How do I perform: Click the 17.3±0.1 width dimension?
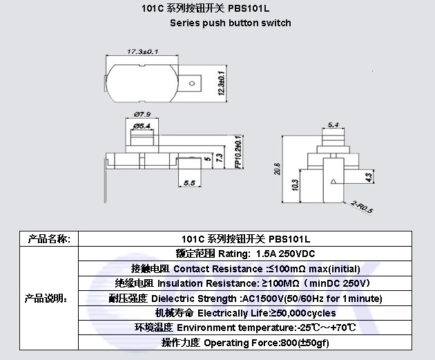[x=143, y=52]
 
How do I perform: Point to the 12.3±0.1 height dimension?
[x=221, y=84]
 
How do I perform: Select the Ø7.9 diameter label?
[x=142, y=114]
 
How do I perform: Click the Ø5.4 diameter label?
[x=142, y=126]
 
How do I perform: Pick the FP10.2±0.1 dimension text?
[x=238, y=152]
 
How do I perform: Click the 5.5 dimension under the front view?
[x=189, y=183]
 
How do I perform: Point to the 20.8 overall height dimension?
[x=277, y=169]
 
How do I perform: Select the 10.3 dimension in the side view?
[x=296, y=185]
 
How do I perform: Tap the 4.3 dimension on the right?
[x=369, y=178]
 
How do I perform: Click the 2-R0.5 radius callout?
[x=362, y=207]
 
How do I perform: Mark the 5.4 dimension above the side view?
[x=333, y=125]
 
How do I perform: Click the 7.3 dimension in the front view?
[x=219, y=158]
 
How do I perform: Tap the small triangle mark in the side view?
[x=333, y=182]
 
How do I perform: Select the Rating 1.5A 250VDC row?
[x=245, y=254]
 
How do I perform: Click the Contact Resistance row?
[x=246, y=269]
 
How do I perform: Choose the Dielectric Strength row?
[x=246, y=299]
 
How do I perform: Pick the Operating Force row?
[x=245, y=343]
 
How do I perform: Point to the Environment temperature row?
[x=245, y=328]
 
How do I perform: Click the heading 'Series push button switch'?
[x=231, y=23]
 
